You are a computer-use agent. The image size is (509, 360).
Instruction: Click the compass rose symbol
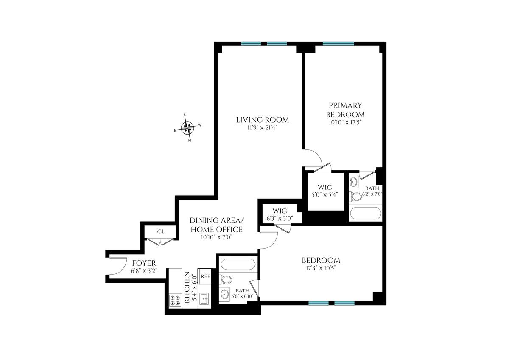187,128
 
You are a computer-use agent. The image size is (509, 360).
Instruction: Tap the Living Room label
263,120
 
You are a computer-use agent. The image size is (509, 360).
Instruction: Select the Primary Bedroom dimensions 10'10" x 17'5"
345,123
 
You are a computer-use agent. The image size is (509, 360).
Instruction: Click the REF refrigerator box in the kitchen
205,276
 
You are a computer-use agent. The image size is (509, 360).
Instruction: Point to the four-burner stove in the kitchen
175,300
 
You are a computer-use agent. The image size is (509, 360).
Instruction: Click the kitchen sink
204,298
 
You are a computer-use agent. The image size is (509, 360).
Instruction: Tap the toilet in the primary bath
355,197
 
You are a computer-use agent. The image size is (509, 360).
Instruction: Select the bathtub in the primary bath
366,214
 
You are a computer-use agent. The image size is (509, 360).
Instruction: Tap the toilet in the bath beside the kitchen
225,280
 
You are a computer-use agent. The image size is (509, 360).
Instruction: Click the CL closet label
161,232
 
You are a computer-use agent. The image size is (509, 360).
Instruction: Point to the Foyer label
144,263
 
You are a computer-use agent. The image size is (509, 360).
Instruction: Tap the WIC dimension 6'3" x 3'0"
280,218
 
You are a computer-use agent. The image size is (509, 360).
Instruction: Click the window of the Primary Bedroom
338,44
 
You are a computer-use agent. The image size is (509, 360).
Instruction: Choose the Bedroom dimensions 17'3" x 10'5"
321,268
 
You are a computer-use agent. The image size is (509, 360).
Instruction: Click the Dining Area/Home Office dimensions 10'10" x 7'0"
217,238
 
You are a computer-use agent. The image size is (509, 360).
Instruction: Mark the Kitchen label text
187,287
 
